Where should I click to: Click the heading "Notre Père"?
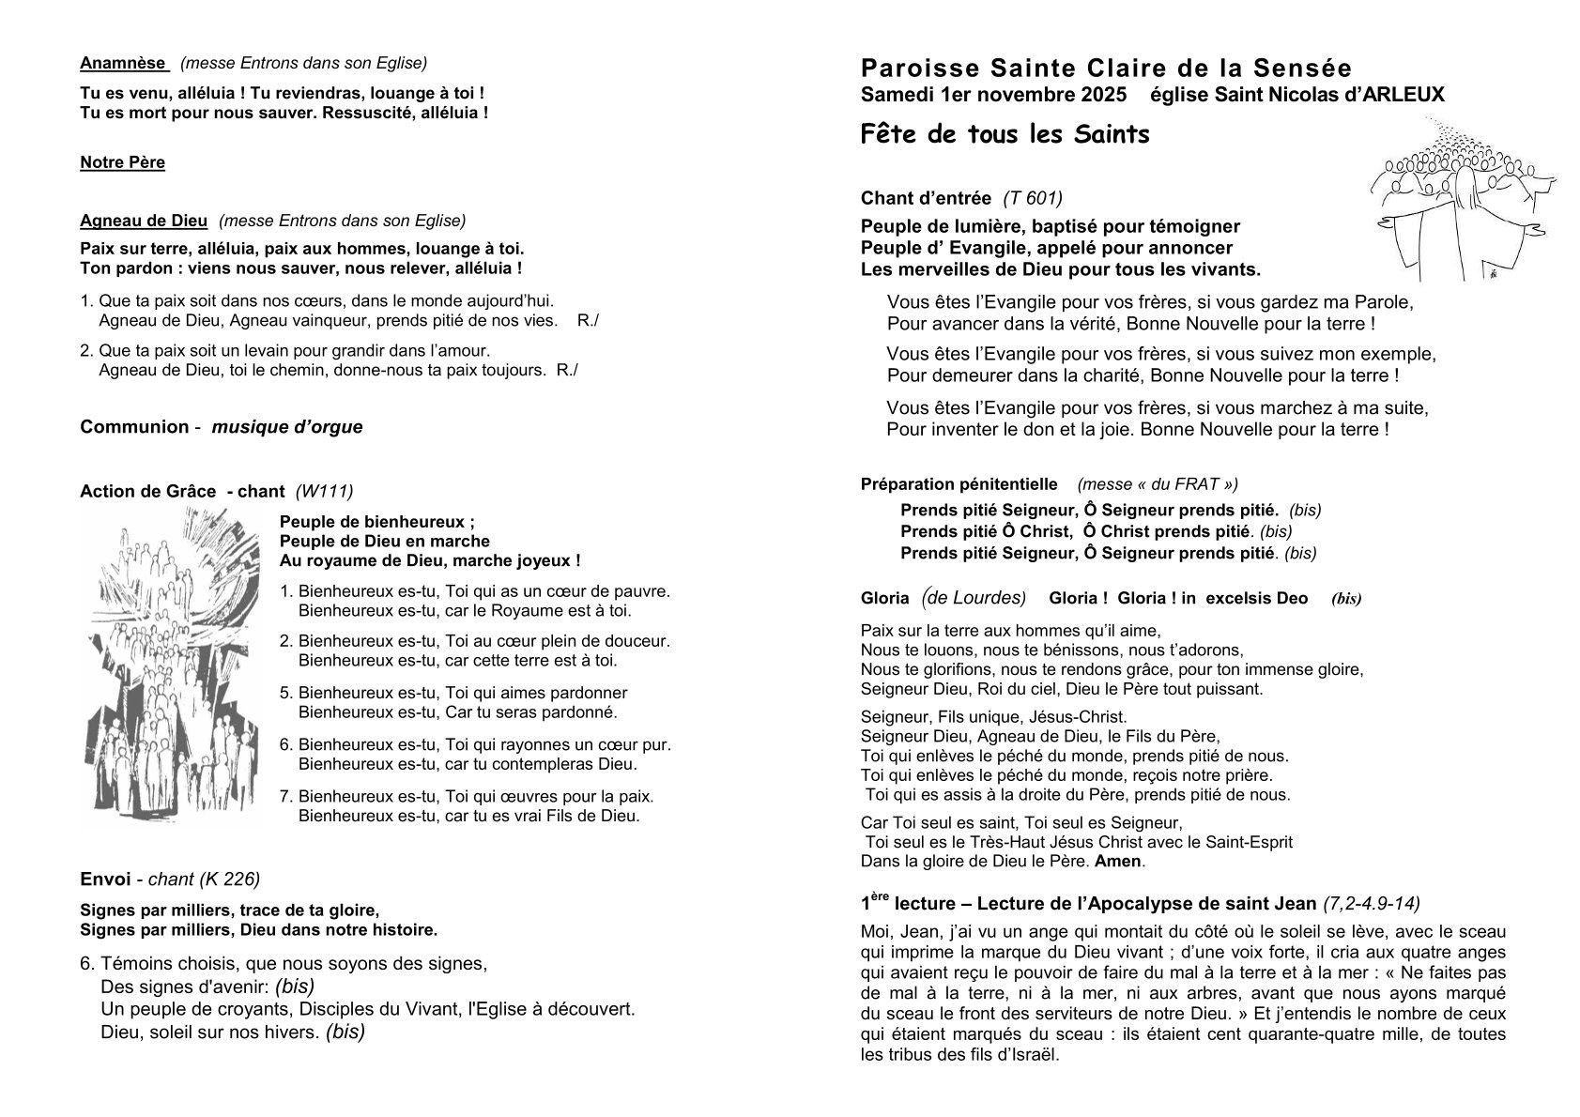click(x=122, y=162)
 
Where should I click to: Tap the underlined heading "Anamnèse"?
click(x=123, y=63)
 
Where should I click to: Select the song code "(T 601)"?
click(x=1033, y=198)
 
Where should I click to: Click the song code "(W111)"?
click(x=324, y=491)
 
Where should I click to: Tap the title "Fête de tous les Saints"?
click(x=1005, y=134)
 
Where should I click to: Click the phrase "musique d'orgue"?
click(x=286, y=427)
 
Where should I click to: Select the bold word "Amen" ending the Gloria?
click(x=1117, y=861)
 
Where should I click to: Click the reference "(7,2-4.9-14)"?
click(x=1371, y=903)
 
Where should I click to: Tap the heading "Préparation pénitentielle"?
click(x=959, y=484)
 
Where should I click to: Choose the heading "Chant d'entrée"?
click(x=926, y=198)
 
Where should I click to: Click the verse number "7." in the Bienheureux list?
click(x=287, y=796)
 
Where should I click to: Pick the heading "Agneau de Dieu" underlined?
click(x=144, y=221)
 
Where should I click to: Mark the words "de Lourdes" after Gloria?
click(x=978, y=598)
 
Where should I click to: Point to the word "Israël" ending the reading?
click(x=1035, y=1053)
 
